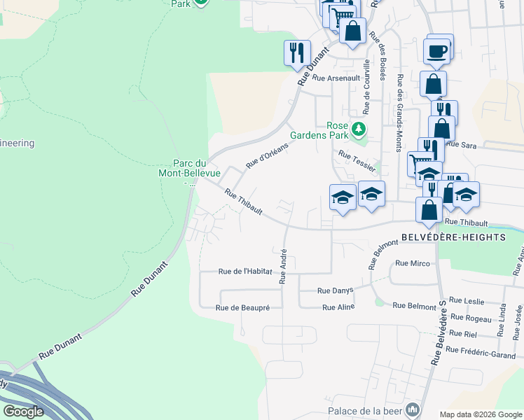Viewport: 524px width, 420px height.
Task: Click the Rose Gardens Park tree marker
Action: coord(359,128)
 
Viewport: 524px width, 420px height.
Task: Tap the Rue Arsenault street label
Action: coord(335,78)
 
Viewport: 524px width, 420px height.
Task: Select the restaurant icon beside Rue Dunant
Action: coord(296,52)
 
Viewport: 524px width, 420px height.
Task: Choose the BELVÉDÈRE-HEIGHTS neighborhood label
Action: coord(453,237)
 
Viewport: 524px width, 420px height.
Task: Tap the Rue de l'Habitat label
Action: coord(244,272)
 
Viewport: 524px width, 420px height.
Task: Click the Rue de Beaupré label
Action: coord(242,307)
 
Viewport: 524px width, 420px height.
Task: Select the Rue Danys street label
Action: coord(335,290)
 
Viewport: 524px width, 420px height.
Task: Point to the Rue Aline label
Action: coord(338,307)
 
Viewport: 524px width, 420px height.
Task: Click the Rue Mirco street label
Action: coord(412,263)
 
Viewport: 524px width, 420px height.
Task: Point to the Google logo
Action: coord(23,412)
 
